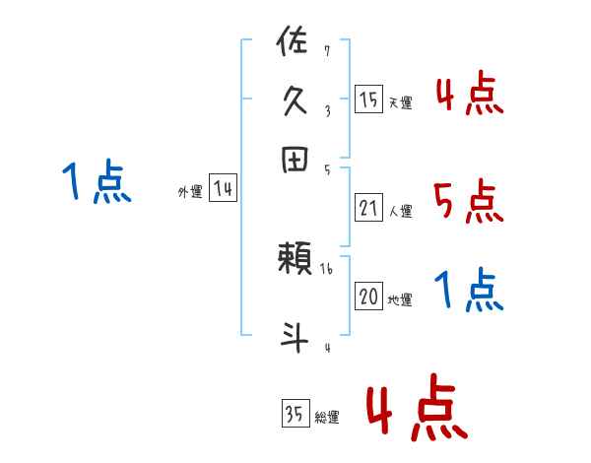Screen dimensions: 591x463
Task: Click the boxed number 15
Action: [x=368, y=99]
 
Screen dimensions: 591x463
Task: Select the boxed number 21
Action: [x=368, y=207]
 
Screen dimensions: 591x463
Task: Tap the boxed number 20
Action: [x=368, y=297]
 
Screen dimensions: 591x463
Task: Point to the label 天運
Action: [x=400, y=102]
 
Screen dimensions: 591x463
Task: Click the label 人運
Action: [x=400, y=210]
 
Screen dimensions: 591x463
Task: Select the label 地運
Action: [x=400, y=299]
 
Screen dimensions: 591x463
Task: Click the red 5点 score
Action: [x=468, y=203]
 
